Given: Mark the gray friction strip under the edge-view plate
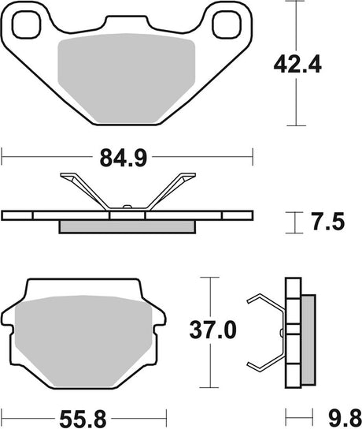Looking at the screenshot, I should [x=128, y=226].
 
